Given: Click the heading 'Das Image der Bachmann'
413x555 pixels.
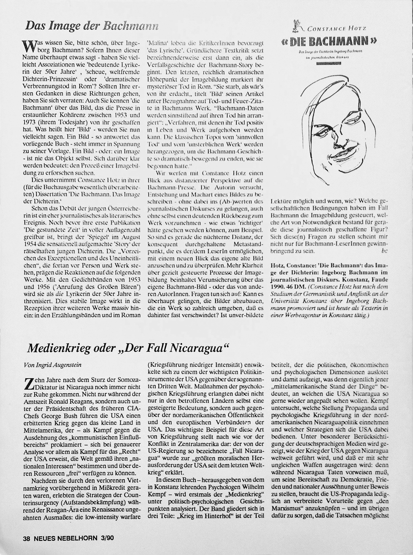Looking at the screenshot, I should point(92,26).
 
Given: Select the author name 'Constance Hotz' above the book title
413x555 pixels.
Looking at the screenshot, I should point(337,29).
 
